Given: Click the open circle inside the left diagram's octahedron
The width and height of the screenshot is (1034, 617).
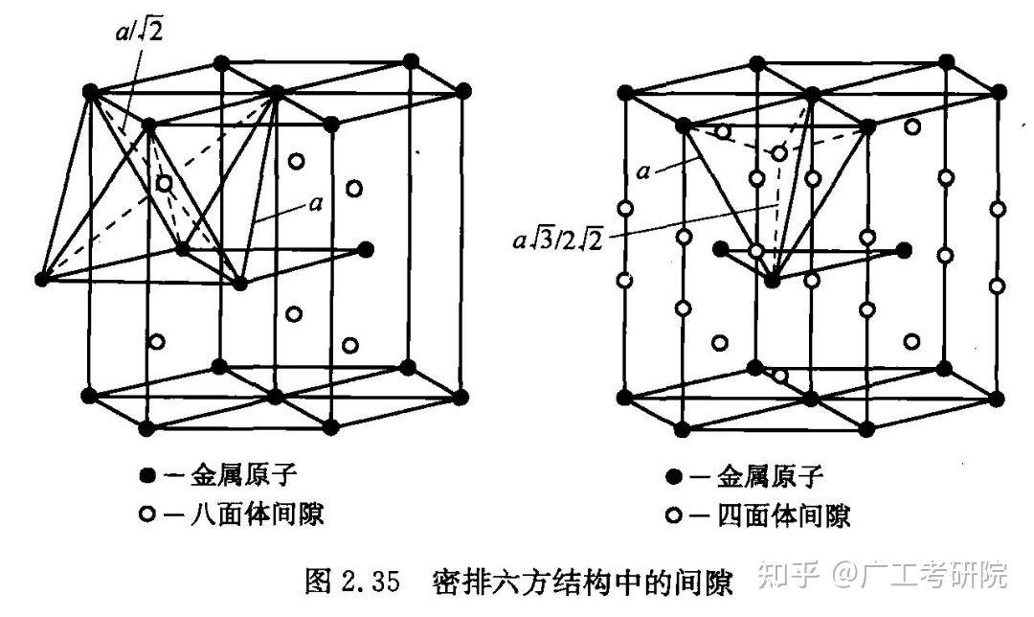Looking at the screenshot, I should [x=164, y=182].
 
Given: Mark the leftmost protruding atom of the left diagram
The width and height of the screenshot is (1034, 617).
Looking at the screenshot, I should [x=41, y=279].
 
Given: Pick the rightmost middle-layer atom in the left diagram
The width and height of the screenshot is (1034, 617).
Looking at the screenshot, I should [x=365, y=249].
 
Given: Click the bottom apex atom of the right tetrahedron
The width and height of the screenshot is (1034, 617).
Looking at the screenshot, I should [x=773, y=281].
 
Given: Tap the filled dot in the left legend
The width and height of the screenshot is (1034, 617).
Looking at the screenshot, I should [x=146, y=475].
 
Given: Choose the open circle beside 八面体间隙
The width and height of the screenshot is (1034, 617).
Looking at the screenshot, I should [x=146, y=514].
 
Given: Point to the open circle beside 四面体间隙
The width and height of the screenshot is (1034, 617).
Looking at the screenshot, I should [x=674, y=516].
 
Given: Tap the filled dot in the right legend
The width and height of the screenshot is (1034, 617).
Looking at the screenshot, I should [x=674, y=476].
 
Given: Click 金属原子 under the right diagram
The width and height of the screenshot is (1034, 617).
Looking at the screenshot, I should [x=770, y=476].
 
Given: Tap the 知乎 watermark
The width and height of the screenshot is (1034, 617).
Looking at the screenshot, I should [x=789, y=576].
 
